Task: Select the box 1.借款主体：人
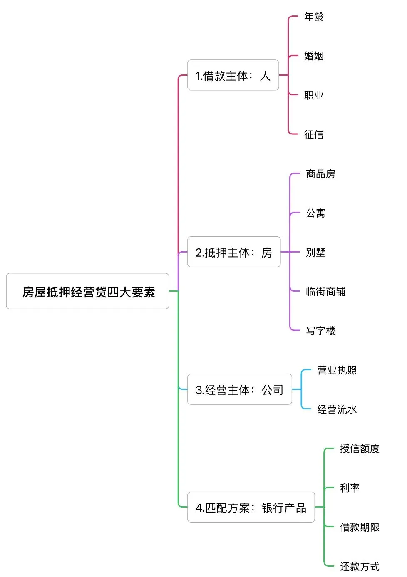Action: (x=233, y=75)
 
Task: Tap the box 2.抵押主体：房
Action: (x=233, y=252)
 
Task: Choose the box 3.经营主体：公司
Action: (x=239, y=389)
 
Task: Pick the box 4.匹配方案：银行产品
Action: (x=251, y=507)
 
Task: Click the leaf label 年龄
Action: (x=314, y=17)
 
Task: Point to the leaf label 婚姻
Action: (x=314, y=56)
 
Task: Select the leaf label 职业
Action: (x=314, y=95)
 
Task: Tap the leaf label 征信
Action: (x=314, y=134)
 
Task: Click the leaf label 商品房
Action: (x=320, y=173)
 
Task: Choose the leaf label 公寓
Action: (x=315, y=213)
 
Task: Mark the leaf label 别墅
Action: (x=315, y=252)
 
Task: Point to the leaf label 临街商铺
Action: (x=325, y=292)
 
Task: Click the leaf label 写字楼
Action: (x=320, y=331)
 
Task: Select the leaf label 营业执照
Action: (x=337, y=370)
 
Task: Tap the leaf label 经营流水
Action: (x=337, y=409)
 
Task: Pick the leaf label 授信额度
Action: (x=360, y=448)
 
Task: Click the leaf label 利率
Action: (x=350, y=488)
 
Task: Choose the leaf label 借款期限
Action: (x=360, y=527)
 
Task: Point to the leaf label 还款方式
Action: (x=360, y=566)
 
